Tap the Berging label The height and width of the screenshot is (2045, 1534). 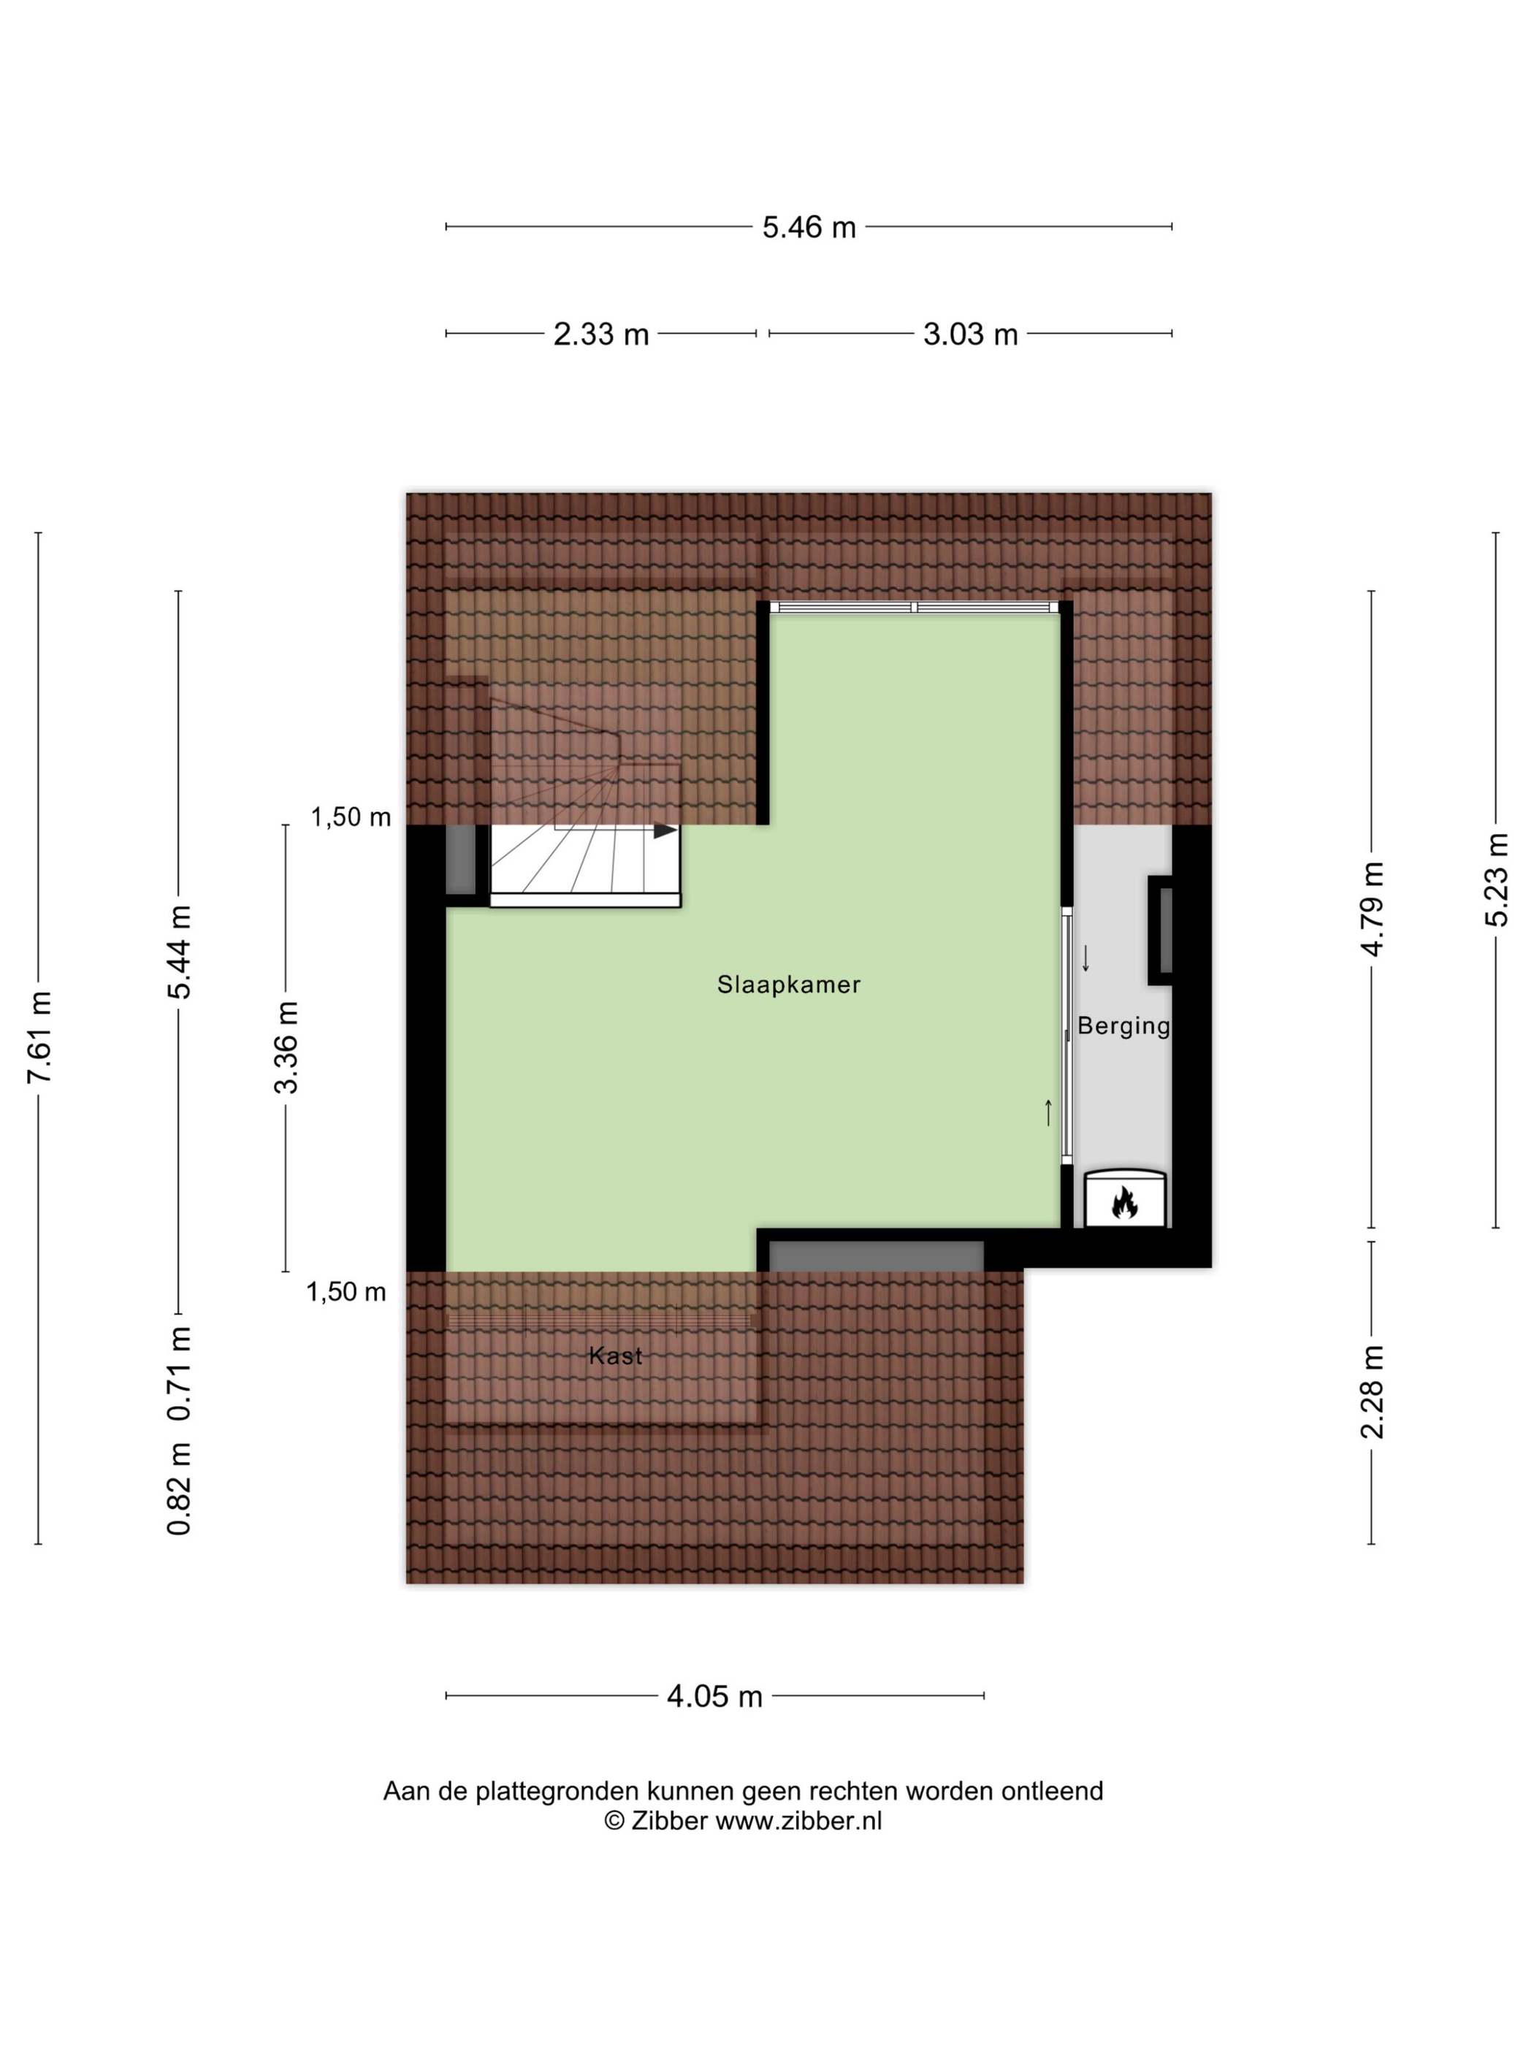[1123, 1026]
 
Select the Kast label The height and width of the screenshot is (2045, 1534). [615, 1356]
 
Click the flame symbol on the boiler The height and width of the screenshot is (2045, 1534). [1124, 1203]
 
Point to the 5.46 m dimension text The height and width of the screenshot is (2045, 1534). [809, 227]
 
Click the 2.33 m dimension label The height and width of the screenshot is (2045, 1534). [601, 334]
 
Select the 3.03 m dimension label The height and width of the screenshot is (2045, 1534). [970, 334]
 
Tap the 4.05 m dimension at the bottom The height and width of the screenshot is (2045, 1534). [714, 1697]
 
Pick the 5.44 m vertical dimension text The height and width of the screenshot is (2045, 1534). [180, 952]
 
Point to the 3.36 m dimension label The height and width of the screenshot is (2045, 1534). [286, 1047]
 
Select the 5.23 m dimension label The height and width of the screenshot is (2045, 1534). [1496, 879]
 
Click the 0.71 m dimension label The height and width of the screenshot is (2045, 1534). [180, 1374]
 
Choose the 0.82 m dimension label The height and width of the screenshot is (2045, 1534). [180, 1489]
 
